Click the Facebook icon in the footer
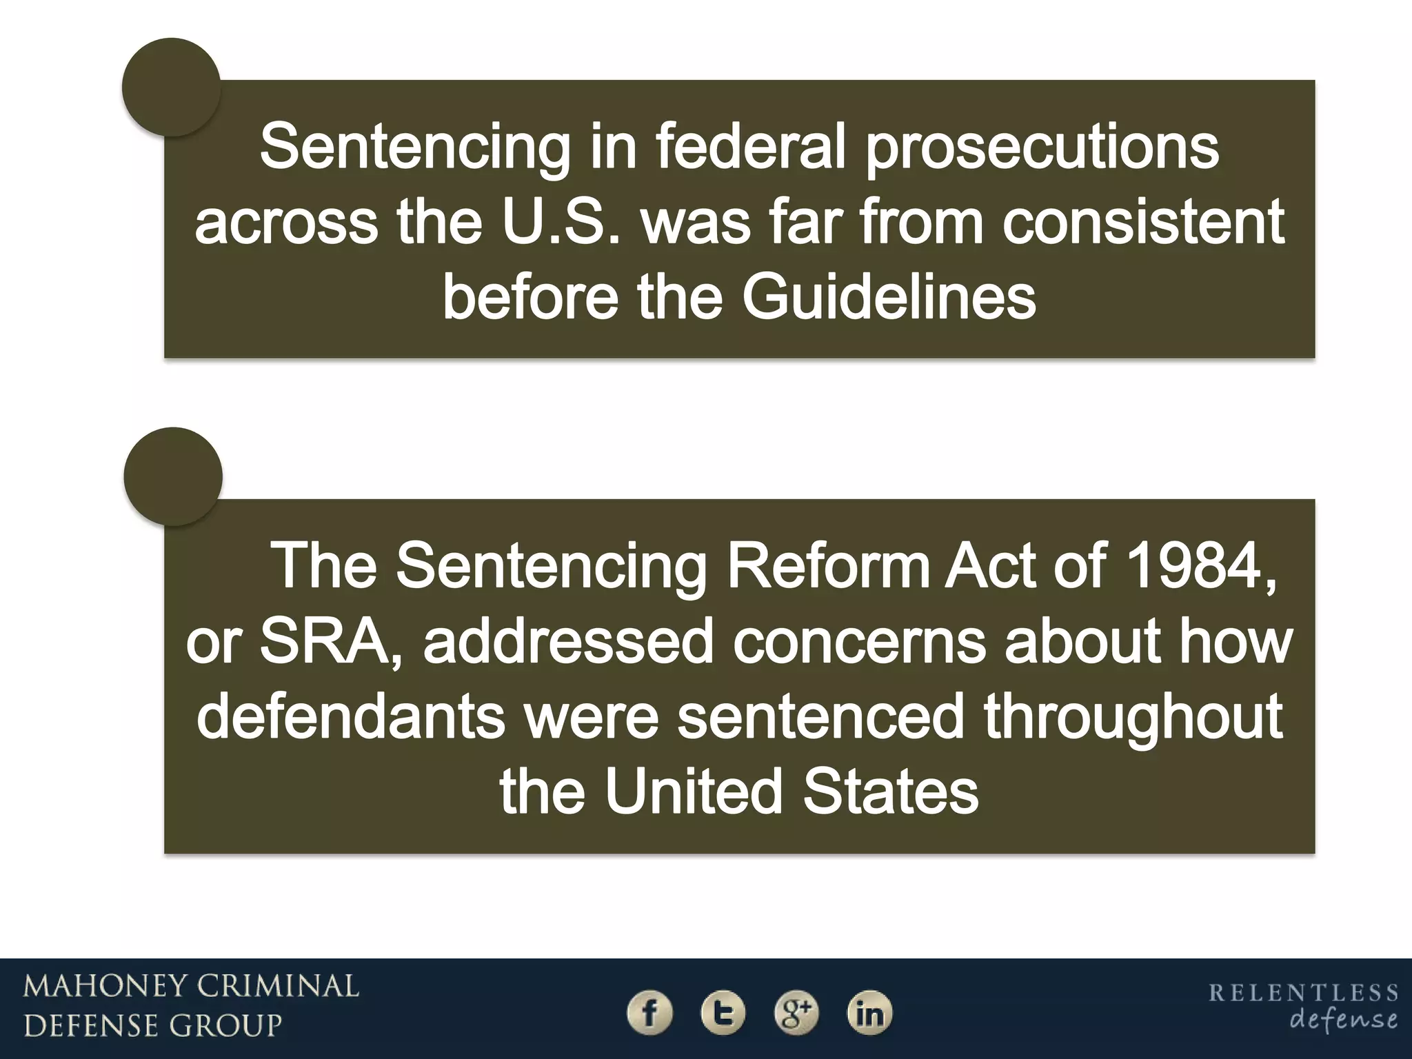[x=649, y=1013]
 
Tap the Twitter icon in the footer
[x=723, y=1013]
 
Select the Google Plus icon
[x=796, y=1013]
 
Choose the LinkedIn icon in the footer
[x=869, y=1013]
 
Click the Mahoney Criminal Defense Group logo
[x=191, y=1006]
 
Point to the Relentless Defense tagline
[x=1303, y=1007]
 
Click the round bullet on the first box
[x=171, y=88]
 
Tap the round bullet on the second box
[x=173, y=476]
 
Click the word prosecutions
[x=1042, y=148]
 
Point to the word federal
[x=750, y=147]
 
